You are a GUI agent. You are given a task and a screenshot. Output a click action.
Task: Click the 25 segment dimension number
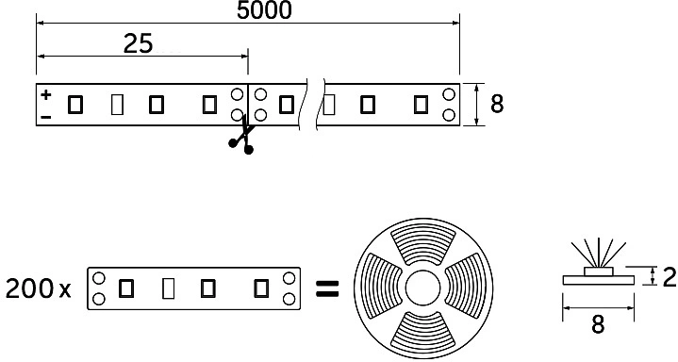click(138, 44)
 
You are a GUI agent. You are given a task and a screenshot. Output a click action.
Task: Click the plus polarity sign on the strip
click(45, 94)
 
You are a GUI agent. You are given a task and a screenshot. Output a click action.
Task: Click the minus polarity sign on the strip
click(45, 116)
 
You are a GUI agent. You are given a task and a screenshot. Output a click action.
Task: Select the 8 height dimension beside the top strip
click(496, 104)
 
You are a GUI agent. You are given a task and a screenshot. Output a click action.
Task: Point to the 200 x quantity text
click(39, 288)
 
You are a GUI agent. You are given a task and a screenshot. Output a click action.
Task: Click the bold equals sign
click(325, 288)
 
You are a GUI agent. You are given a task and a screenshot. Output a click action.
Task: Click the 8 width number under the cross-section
click(597, 326)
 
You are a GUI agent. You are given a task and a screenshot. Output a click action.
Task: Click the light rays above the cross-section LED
click(597, 252)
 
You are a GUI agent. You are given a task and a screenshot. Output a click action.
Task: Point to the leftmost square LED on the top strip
click(75, 105)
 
